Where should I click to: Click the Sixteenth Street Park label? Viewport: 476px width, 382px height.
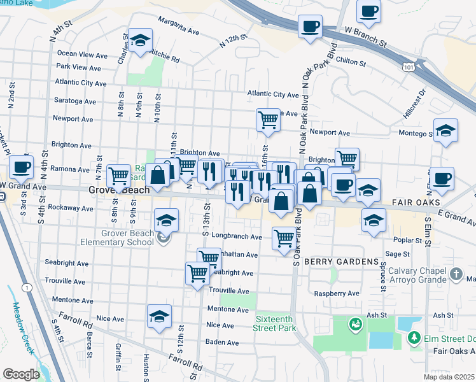click(x=276, y=323)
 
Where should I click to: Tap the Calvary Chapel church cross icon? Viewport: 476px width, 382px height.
click(x=456, y=274)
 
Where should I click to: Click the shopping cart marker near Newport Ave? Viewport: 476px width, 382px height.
click(x=269, y=119)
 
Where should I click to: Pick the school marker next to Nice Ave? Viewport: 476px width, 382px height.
click(x=159, y=316)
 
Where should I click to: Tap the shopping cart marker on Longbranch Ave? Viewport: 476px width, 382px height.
click(x=284, y=239)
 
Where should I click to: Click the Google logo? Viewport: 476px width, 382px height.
click(x=20, y=374)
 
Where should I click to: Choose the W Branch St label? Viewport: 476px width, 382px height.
click(x=365, y=38)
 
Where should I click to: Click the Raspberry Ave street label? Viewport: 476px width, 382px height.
click(x=337, y=294)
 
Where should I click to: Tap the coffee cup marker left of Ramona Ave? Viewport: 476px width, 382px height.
click(x=20, y=166)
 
